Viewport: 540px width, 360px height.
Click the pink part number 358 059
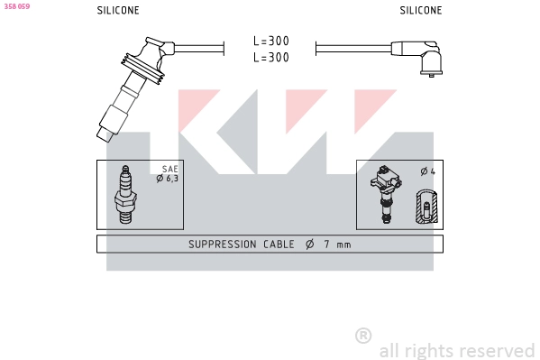click(17, 6)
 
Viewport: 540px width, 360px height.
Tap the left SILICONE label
click(118, 11)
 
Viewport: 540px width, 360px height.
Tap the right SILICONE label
click(421, 11)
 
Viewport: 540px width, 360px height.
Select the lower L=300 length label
click(270, 58)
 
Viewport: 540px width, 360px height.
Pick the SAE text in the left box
click(169, 169)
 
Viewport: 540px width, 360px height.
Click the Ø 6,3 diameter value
click(168, 179)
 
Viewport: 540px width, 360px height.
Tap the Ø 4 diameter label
click(427, 171)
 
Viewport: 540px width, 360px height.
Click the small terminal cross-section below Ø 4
click(426, 208)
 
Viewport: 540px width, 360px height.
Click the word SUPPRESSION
click(222, 245)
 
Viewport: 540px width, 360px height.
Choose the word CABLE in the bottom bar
click(279, 245)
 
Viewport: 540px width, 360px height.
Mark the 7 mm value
click(338, 245)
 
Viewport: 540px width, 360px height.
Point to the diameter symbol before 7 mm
click(309, 245)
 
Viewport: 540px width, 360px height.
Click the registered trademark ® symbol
click(363, 336)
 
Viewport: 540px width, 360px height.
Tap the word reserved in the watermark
click(497, 350)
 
